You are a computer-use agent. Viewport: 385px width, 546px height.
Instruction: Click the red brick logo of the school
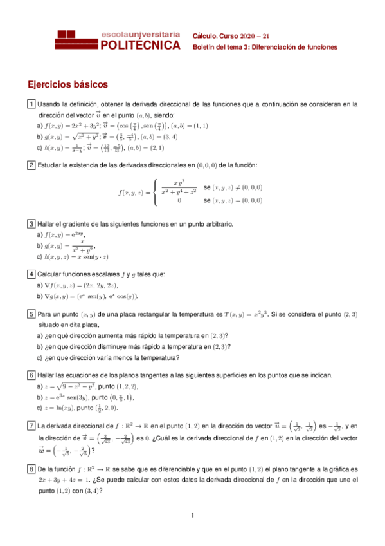77,40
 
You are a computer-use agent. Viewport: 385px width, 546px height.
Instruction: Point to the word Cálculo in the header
205,35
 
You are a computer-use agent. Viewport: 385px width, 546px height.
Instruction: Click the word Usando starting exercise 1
49,104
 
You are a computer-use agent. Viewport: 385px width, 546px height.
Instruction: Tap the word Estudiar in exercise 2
51,165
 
